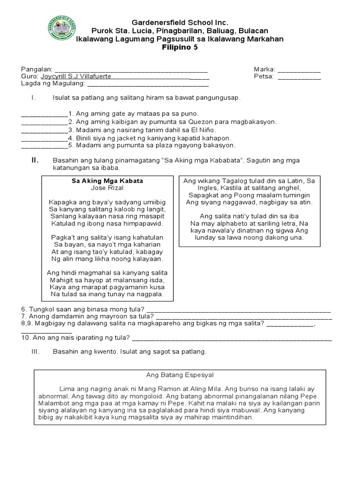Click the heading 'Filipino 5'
tap(180, 47)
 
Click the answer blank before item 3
tap(45, 130)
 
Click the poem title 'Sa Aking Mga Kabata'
tap(107, 181)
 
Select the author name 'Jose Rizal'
tap(107, 188)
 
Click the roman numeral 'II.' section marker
tap(35, 160)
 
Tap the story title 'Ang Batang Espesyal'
tap(180, 375)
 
